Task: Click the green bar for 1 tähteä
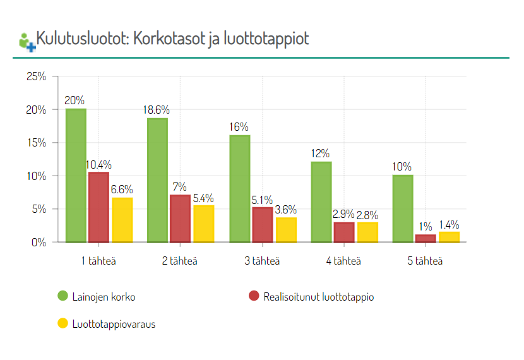pyautogui.click(x=76, y=176)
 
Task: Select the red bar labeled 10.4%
pyautogui.click(x=98, y=207)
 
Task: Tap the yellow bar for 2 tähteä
pyautogui.click(x=203, y=224)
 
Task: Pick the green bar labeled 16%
pyautogui.click(x=239, y=188)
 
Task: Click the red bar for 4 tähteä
pyautogui.click(x=344, y=232)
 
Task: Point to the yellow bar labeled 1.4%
pyautogui.click(x=449, y=237)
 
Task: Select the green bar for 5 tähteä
pyautogui.click(x=403, y=208)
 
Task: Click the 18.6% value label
pyautogui.click(x=157, y=110)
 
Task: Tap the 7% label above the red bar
pyautogui.click(x=180, y=187)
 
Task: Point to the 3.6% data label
pyautogui.click(x=286, y=209)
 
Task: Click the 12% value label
pyautogui.click(x=321, y=153)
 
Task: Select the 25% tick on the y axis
pyautogui.click(x=36, y=77)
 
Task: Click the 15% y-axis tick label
pyautogui.click(x=36, y=143)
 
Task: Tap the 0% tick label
pyautogui.click(x=39, y=242)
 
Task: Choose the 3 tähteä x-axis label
pyautogui.click(x=262, y=261)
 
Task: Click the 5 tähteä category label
pyautogui.click(x=426, y=261)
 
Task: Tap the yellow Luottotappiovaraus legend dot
pyautogui.click(x=63, y=324)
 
